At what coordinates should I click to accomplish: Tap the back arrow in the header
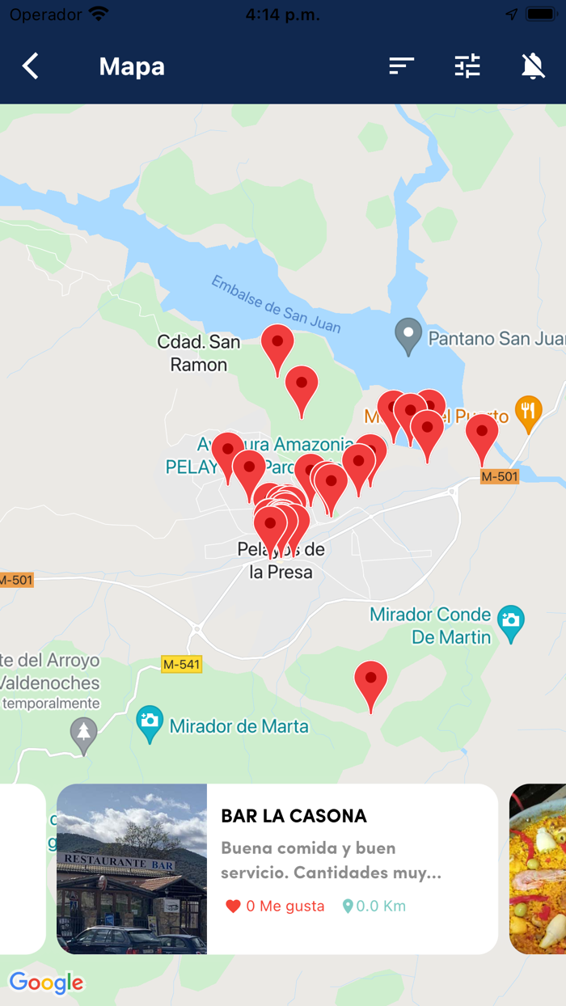tap(31, 66)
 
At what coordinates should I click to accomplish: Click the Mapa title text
tap(132, 66)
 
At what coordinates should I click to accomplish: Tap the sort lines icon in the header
tap(401, 66)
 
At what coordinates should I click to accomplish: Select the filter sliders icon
tap(467, 66)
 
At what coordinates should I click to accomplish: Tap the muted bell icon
tap(532, 66)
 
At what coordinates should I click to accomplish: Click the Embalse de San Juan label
tap(276, 304)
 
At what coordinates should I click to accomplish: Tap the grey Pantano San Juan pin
tap(408, 335)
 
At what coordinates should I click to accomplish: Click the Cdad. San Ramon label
tap(199, 353)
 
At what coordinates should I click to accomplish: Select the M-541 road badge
tap(181, 665)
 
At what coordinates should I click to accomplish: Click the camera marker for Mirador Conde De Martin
tap(510, 622)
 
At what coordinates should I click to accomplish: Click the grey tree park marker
tap(83, 734)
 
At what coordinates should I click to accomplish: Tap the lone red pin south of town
tap(370, 683)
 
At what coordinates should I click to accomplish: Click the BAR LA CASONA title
tap(294, 816)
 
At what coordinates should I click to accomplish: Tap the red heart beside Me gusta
tap(233, 907)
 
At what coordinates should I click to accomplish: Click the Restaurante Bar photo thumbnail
tap(132, 869)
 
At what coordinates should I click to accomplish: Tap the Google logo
tap(46, 983)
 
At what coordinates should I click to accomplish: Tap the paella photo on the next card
tap(539, 869)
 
